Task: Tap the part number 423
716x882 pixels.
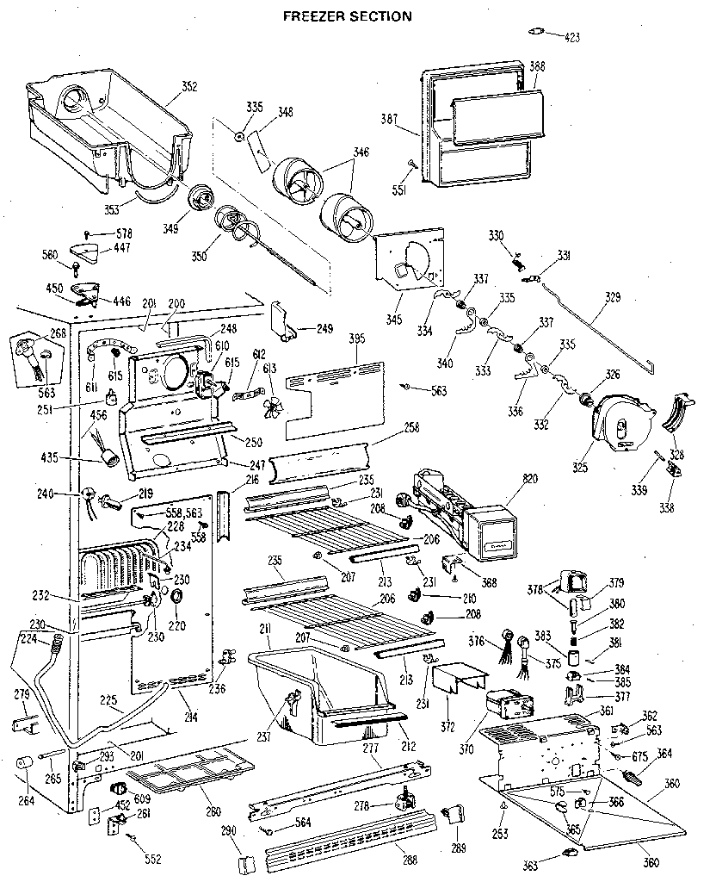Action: click(572, 37)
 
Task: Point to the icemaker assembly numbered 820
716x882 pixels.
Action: click(456, 508)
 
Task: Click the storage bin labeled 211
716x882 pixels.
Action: click(318, 689)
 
